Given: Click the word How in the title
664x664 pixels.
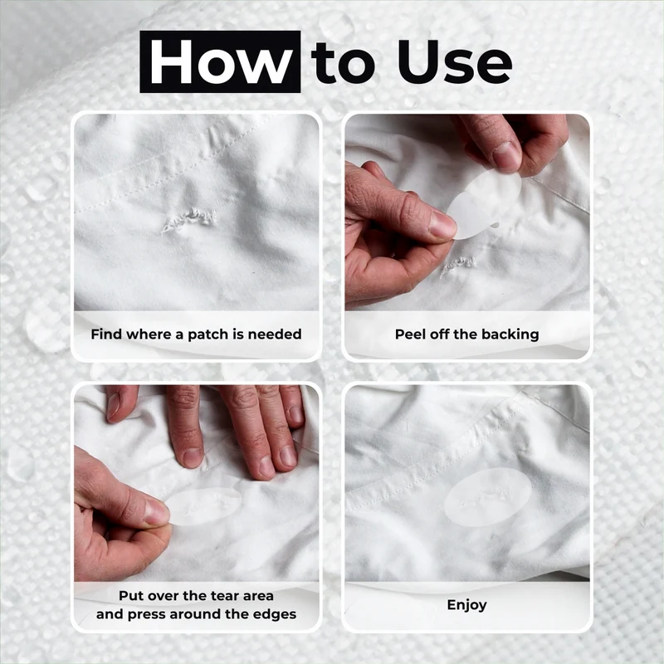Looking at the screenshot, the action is pyautogui.click(x=220, y=62).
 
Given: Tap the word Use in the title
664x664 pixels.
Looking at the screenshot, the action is pyautogui.click(x=454, y=62).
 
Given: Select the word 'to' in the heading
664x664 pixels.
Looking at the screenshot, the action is pyautogui.click(x=343, y=64).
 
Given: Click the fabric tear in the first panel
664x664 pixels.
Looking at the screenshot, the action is pyautogui.click(x=189, y=219).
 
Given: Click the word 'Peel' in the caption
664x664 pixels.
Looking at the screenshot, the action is pyautogui.click(x=410, y=334).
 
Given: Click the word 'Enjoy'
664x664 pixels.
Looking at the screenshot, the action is pyautogui.click(x=466, y=605).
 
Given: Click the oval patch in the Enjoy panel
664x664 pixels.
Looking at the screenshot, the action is pyautogui.click(x=487, y=497).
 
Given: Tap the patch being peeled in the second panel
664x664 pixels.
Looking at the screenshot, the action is pyautogui.click(x=484, y=204).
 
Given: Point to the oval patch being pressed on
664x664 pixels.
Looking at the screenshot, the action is pyautogui.click(x=203, y=506).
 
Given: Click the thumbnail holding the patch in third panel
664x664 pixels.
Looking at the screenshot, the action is pyautogui.click(x=156, y=511).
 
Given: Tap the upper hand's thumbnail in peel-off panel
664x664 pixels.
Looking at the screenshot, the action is pyautogui.click(x=506, y=157).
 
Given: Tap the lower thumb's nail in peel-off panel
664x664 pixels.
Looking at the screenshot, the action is pyautogui.click(x=442, y=223).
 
